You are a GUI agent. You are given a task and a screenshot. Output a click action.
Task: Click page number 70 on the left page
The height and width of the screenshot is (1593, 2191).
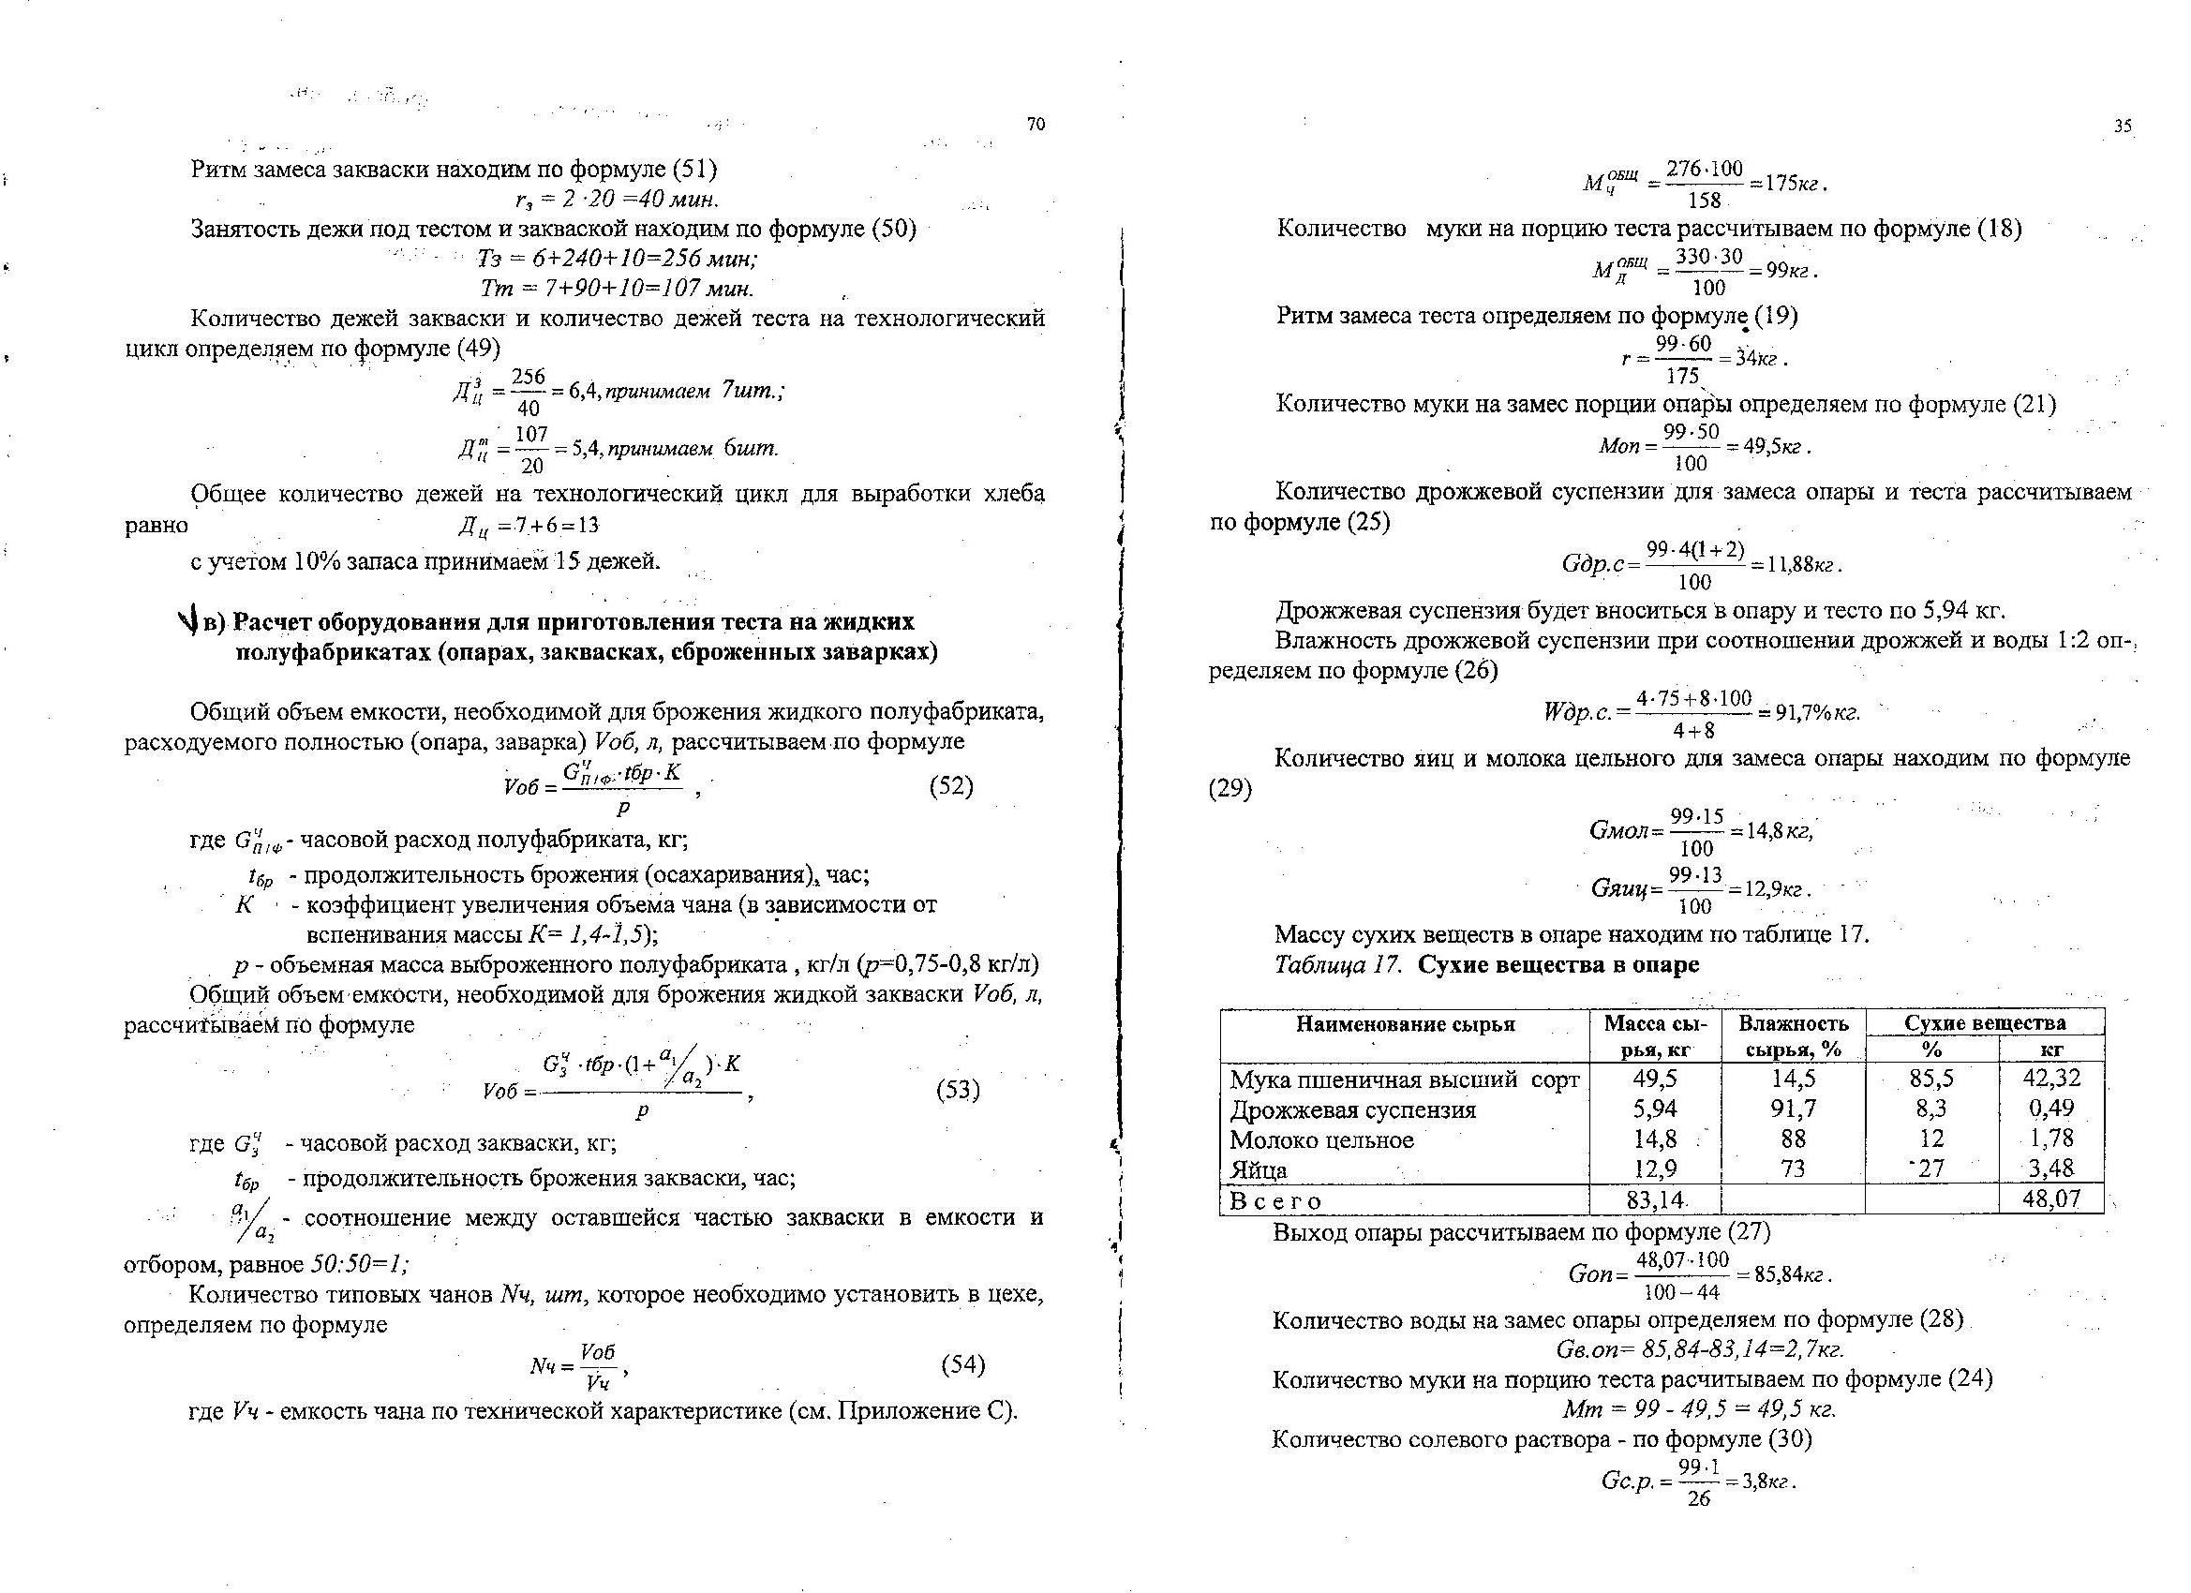[1036, 125]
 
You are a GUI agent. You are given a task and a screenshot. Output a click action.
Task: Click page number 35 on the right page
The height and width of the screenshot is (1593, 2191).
[2123, 127]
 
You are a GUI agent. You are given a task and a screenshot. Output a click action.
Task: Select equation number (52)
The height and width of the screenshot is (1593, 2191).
[950, 786]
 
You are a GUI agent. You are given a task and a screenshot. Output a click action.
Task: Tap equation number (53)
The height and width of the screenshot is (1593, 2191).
[958, 1091]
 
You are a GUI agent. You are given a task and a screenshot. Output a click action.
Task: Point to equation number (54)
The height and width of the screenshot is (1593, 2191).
[962, 1364]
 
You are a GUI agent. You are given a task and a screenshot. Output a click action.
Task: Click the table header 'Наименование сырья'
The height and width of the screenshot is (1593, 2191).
[1405, 1024]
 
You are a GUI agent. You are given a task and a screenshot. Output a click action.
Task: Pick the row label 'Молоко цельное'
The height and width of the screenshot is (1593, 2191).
[1321, 1139]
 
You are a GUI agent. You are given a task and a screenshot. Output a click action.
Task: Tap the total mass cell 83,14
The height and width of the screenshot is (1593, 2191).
[1655, 1199]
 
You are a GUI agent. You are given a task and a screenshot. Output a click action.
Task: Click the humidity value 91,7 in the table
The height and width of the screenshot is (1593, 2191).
[1792, 1108]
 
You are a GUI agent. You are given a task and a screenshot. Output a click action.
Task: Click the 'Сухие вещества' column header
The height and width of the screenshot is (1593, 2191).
[1984, 1023]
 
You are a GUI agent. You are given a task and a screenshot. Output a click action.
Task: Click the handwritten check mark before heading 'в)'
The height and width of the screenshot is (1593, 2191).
[187, 623]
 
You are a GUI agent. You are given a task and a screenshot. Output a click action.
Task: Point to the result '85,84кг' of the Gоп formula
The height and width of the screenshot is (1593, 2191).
[1792, 1275]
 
